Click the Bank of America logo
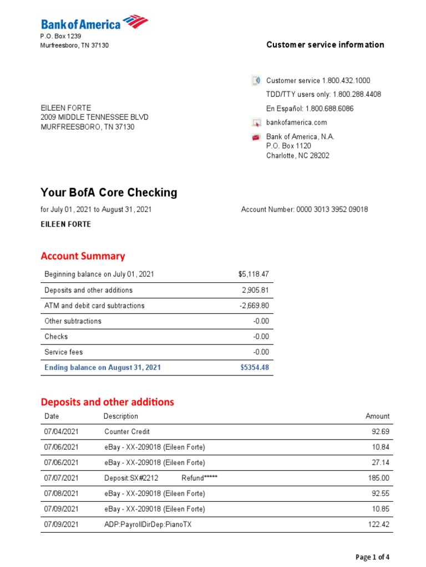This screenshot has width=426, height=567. click(x=94, y=24)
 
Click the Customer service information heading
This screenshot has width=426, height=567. click(x=325, y=45)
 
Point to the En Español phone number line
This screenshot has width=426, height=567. click(x=317, y=109)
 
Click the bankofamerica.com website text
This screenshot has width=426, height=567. click(x=296, y=122)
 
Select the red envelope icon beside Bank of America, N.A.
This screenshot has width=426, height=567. click(x=256, y=137)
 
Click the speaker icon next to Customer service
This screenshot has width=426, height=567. click(x=256, y=81)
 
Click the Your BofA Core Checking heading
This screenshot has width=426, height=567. click(x=109, y=193)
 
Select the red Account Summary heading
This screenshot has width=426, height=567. click(x=83, y=256)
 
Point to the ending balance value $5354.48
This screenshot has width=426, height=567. click(x=255, y=368)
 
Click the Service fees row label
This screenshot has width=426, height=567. click(x=63, y=352)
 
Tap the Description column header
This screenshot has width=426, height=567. click(x=120, y=416)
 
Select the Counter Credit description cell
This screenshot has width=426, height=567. click(x=127, y=432)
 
